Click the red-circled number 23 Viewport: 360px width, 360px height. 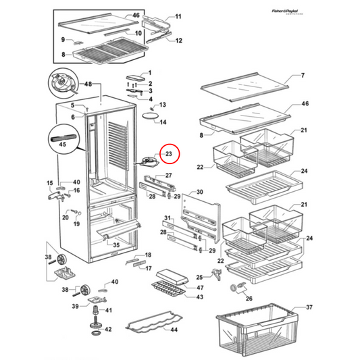169,155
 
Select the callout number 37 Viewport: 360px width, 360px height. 310,307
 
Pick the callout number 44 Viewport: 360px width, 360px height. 174,330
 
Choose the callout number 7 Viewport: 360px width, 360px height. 303,75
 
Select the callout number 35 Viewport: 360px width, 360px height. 116,245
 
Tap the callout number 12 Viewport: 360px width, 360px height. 179,41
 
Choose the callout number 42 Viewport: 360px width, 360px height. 108,331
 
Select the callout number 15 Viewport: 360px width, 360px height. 49,183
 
